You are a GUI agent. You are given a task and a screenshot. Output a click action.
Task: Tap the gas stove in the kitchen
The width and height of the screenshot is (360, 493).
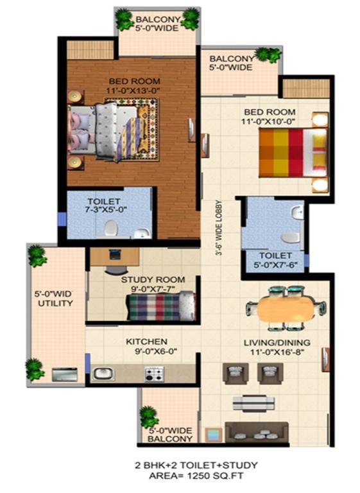coord(154,374)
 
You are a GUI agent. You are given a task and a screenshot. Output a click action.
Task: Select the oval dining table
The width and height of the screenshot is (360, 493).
coord(286,308)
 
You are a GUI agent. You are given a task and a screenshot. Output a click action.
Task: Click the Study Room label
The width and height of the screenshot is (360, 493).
coord(153,279)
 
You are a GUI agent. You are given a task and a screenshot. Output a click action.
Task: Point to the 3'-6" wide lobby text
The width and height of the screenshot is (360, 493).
coord(219,228)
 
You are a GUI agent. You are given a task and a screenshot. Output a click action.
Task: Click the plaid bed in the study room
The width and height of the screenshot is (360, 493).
coord(160,306)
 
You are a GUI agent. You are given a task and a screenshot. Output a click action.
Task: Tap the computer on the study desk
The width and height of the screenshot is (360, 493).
coord(114,254)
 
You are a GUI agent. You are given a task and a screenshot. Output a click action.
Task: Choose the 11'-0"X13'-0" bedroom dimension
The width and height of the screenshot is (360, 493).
coord(133,91)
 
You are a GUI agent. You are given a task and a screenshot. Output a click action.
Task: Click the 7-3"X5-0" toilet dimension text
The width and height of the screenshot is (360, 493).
coord(107,209)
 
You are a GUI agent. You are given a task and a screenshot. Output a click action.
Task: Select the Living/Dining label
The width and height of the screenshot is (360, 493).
coord(277,342)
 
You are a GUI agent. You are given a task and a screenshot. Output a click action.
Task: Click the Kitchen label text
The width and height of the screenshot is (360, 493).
coord(146,342)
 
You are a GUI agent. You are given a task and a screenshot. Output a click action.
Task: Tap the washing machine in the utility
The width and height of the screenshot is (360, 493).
coord(65,374)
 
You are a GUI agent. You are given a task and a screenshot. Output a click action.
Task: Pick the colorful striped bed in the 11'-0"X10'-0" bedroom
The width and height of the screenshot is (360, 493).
coord(293,153)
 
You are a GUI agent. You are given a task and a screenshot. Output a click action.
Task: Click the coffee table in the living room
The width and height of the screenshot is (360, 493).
coord(253,403)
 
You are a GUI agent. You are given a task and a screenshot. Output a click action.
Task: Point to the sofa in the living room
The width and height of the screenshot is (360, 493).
coord(257,432)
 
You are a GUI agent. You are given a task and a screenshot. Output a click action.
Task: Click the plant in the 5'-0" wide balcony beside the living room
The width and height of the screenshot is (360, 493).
coord(149,417)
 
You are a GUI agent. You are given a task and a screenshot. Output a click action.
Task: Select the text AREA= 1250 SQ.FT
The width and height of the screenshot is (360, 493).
coord(196,476)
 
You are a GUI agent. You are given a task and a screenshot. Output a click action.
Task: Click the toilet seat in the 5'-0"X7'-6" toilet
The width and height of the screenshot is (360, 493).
coord(290,238)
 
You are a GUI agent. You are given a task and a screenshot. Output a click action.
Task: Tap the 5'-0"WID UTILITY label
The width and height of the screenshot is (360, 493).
coord(55,298)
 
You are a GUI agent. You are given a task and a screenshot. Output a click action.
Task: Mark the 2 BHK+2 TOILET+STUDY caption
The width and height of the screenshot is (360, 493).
coord(196,465)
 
